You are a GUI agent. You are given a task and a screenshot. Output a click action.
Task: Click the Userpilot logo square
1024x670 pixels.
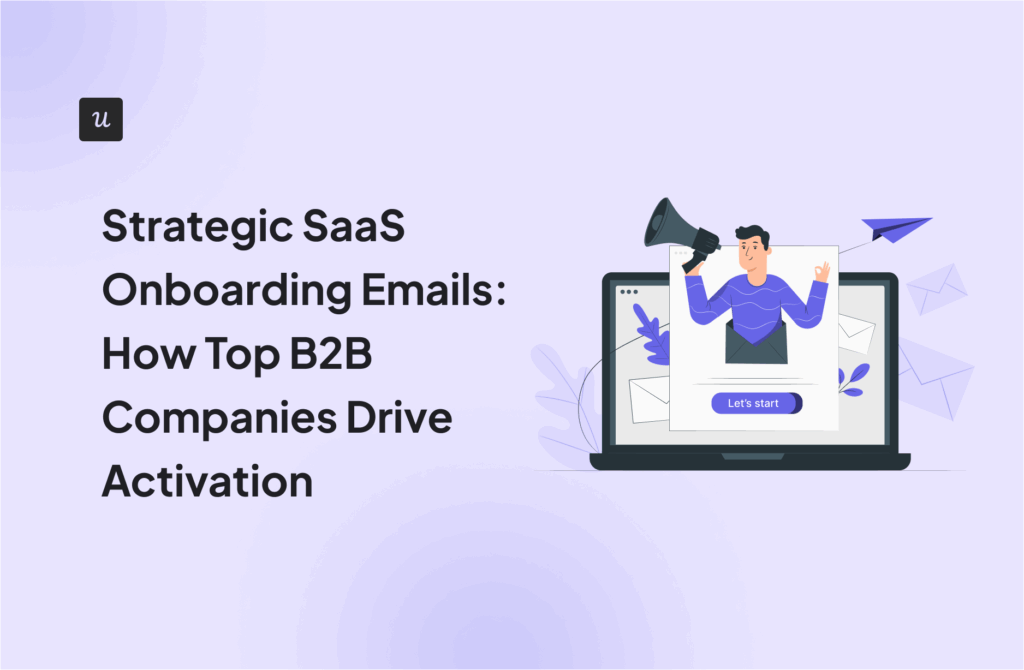point(100,119)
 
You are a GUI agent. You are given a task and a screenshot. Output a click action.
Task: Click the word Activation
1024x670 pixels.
point(207,481)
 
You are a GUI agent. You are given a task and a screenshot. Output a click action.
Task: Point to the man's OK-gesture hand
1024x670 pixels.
point(822,271)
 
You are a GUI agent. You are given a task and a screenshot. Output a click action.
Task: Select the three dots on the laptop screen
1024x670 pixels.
point(628,291)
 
